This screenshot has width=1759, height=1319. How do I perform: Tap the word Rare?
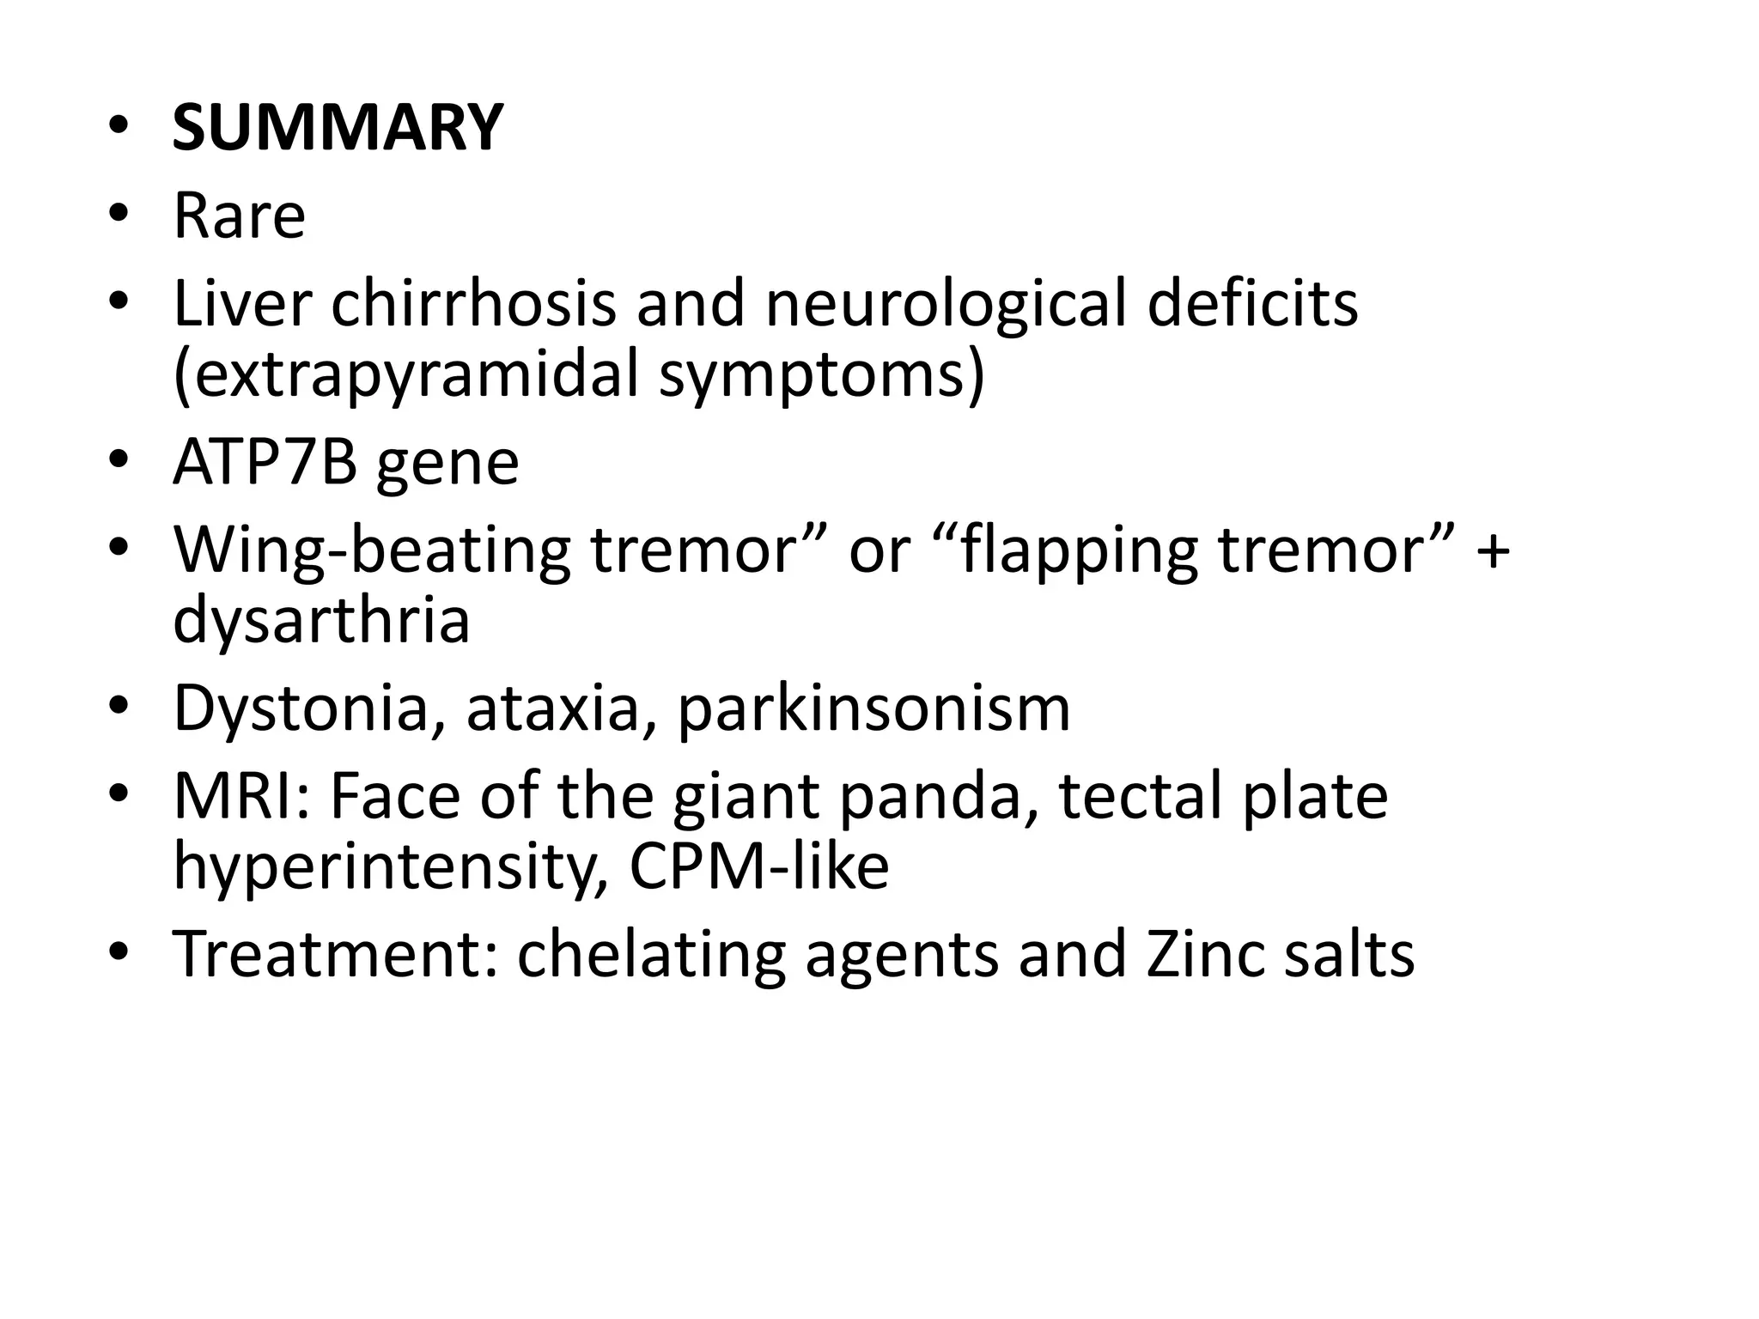pos(239,216)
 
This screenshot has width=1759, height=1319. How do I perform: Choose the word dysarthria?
pos(321,621)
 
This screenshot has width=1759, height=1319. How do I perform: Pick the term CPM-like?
pos(758,867)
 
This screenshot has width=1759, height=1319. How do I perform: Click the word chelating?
pos(651,955)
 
